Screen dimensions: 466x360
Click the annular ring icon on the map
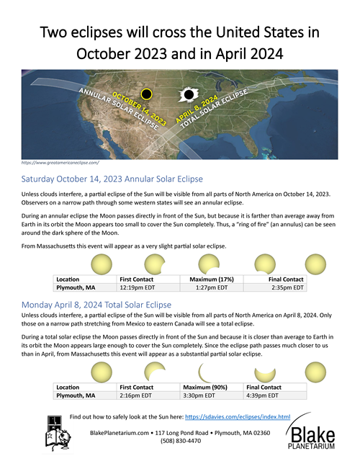(x=147, y=94)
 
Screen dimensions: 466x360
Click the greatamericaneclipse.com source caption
(x=61, y=163)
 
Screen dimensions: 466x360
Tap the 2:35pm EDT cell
(x=288, y=287)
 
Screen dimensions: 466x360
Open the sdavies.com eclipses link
(x=238, y=416)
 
